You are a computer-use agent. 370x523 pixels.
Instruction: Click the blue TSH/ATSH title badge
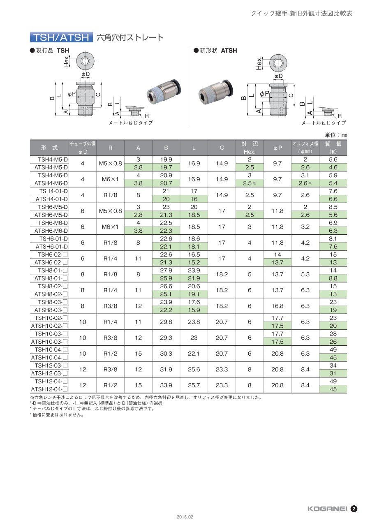61,37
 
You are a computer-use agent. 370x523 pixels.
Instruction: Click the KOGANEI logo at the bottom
327,509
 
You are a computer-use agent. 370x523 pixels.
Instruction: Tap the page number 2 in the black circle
354,509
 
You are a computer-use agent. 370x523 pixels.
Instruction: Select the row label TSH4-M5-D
53,160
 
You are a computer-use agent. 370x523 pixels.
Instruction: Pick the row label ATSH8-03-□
51,310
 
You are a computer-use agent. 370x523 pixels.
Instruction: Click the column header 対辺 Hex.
250,148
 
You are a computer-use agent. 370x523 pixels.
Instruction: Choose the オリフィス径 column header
305,148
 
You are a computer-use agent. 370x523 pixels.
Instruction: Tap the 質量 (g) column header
333,148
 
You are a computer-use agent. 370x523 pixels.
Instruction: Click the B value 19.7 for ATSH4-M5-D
166,167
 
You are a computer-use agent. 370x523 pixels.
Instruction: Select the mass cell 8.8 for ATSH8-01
333,278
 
